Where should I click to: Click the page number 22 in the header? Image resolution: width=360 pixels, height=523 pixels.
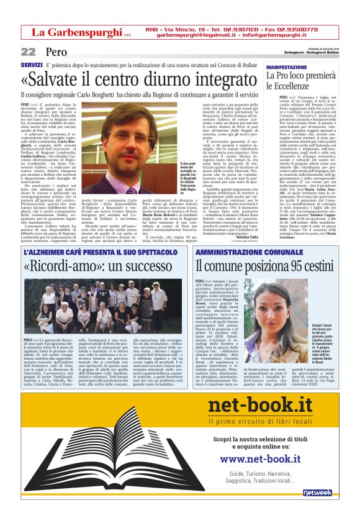tap(28, 52)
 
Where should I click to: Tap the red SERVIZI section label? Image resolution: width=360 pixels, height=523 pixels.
tap(31, 65)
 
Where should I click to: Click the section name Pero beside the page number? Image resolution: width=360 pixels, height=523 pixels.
tap(55, 52)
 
